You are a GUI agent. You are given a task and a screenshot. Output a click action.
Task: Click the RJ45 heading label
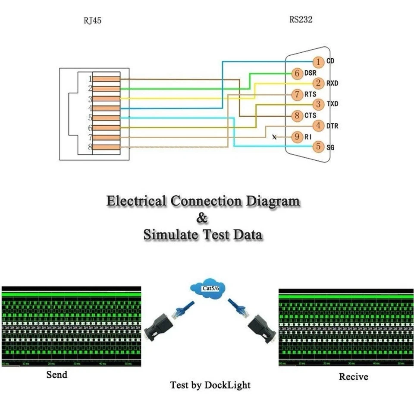pos(93,20)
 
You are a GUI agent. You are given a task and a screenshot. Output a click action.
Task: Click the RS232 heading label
pos(301,19)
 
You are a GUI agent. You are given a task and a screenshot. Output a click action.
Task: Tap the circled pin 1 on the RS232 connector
pos(318,62)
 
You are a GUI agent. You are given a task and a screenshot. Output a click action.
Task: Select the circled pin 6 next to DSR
pos(297,73)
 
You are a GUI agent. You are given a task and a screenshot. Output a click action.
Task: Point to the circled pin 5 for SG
pos(318,146)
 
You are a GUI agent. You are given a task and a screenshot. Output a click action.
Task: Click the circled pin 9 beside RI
pos(297,137)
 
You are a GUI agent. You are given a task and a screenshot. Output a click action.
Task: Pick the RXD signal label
pos(332,83)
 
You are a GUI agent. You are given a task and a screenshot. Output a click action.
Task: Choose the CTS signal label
pos(310,115)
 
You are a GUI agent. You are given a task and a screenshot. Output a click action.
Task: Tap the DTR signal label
pos(332,126)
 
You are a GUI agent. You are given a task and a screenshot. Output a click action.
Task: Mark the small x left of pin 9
pos(274,137)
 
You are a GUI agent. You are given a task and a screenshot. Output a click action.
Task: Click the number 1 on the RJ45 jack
pos(90,79)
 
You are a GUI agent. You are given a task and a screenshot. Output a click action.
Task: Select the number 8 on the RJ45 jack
pos(90,147)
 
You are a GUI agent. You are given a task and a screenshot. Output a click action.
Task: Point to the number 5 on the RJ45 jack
pos(90,118)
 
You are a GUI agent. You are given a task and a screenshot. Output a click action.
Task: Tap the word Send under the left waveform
pos(57,374)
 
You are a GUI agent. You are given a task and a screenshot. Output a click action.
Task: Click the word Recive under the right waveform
pos(354,377)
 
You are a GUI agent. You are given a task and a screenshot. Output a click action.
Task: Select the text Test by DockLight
pos(210,385)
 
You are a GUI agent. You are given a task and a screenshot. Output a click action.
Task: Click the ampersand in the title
pos(202,218)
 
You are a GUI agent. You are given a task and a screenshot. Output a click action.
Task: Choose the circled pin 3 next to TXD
pos(318,104)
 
